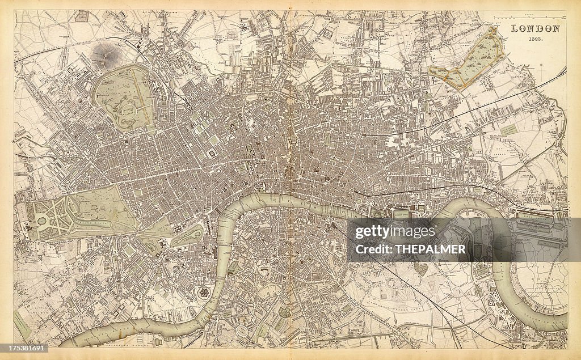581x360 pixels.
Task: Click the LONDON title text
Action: [536, 28]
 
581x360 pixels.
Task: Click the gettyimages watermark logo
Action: [395, 232]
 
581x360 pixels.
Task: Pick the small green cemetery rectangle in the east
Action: [508, 130]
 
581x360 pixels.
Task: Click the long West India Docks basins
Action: [539, 224]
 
